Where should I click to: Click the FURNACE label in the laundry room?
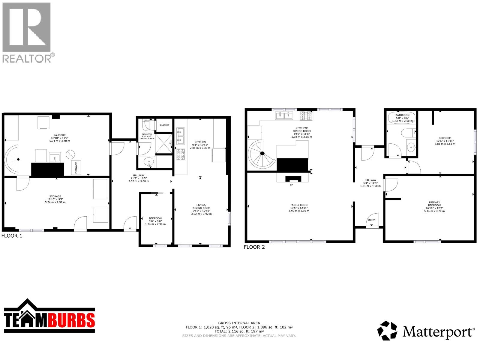coord(76,168)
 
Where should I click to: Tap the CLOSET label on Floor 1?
coord(164,125)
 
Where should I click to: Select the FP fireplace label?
coord(291,185)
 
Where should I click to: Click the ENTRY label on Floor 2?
coord(371,220)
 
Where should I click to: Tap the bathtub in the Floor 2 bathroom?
coord(402,118)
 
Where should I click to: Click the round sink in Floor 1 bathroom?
coord(148,162)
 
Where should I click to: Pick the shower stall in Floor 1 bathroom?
coord(164,144)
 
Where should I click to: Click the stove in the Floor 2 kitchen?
coord(306,115)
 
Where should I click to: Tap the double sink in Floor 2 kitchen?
coord(284,115)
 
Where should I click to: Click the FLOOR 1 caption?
coord(12,236)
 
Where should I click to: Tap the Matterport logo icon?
coord(387,331)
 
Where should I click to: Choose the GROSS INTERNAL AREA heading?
coord(239,323)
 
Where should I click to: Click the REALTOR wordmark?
coord(27,58)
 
